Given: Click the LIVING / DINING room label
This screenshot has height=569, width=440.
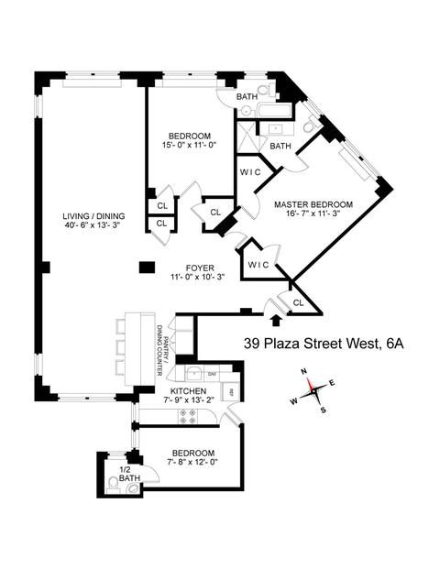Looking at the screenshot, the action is click(93, 216).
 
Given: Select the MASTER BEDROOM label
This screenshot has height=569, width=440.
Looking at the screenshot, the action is click(313, 204).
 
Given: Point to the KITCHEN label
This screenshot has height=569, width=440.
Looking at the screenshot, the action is click(189, 391).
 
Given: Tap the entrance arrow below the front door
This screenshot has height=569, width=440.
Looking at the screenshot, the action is click(276, 320).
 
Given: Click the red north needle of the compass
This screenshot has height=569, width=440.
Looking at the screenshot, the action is click(309, 384).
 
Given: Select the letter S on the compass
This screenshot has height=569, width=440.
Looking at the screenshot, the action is click(323, 410).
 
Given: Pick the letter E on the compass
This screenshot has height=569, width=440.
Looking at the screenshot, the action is click(332, 382).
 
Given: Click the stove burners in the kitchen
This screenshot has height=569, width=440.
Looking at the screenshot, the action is click(188, 416).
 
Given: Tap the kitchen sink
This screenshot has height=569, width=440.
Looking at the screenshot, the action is click(195, 374).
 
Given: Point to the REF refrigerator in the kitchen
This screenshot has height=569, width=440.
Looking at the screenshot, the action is click(231, 392).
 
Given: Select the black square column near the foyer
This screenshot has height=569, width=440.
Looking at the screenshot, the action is click(147, 267).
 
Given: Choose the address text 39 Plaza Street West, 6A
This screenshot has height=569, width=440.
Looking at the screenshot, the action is click(324, 344).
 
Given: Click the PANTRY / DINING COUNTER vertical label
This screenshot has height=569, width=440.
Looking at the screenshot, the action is click(163, 355).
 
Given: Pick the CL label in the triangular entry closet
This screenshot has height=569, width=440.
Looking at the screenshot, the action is click(299, 302).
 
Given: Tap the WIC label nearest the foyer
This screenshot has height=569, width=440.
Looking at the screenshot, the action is click(258, 265).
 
